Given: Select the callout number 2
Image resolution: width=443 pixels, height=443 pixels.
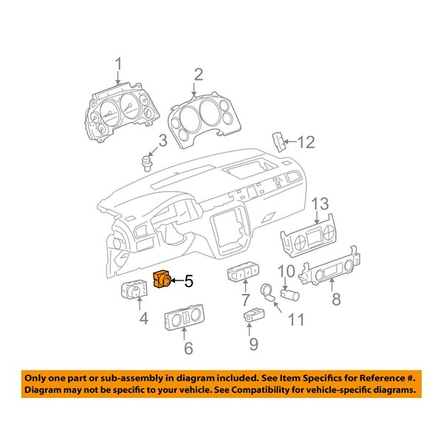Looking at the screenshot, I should coord(198,73).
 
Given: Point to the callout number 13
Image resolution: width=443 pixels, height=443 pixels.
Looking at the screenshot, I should coord(318,204).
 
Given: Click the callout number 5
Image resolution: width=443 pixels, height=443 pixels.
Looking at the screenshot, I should coord(188,281).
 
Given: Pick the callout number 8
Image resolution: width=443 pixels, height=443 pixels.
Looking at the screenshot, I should coord(336,300).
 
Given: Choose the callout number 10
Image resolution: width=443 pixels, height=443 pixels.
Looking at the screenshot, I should coord(286,270).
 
